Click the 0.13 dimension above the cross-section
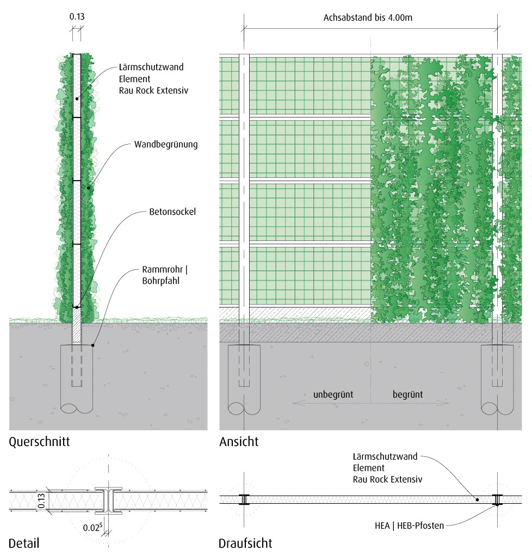(77, 16)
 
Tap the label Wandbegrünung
(165, 145)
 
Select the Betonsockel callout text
(172, 212)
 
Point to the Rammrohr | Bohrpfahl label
(165, 275)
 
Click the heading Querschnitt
(39, 442)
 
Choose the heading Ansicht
(239, 442)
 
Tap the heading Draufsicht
(245, 543)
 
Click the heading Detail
(24, 543)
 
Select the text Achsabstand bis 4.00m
(368, 17)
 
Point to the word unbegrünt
(333, 394)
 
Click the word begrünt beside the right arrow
(407, 394)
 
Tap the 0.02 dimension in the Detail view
(91, 527)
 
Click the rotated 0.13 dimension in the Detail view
(41, 501)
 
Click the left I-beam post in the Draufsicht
(244, 499)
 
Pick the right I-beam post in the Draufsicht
(497, 499)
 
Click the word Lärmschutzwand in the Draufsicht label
(385, 456)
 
